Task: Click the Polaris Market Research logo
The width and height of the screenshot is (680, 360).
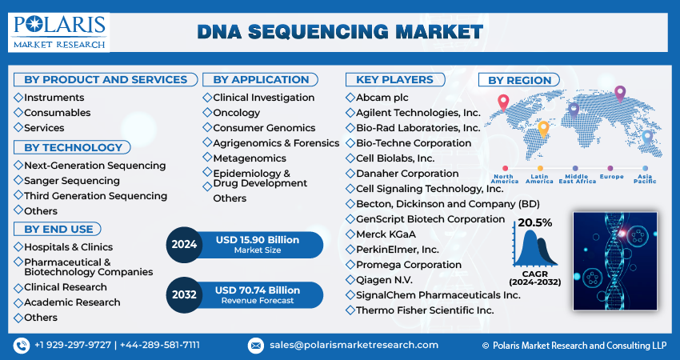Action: (x=58, y=31)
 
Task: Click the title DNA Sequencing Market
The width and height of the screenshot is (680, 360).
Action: (x=339, y=32)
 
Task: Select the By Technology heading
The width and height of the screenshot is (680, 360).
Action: (x=73, y=147)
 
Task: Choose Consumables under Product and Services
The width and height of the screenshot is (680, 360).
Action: (x=57, y=113)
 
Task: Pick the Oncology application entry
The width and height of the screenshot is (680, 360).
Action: (x=236, y=113)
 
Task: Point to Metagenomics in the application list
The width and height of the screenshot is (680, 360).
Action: (x=250, y=158)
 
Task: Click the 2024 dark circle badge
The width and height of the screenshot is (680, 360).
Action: (x=185, y=245)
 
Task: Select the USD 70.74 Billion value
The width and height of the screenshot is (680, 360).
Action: (x=257, y=290)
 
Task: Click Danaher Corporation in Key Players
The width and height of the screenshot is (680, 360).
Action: (x=408, y=173)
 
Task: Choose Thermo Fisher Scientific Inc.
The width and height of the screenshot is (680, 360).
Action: (x=424, y=310)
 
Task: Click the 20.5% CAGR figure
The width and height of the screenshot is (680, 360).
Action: (x=535, y=222)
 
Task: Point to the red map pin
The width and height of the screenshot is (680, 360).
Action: (x=503, y=102)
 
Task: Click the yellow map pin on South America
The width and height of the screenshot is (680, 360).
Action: (x=543, y=128)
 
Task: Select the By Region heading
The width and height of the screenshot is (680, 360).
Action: (x=519, y=80)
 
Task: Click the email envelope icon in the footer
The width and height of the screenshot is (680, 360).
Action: (x=256, y=345)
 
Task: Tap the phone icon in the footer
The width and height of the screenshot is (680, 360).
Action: (x=21, y=345)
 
